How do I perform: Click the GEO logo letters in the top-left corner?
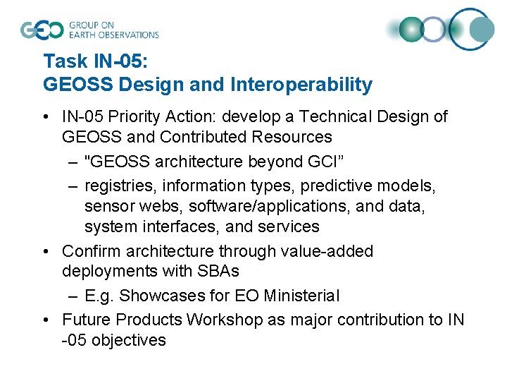coord(42,30)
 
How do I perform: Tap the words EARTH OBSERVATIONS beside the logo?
coord(114,35)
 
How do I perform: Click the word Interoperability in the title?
coord(301,85)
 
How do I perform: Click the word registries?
coord(116,186)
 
